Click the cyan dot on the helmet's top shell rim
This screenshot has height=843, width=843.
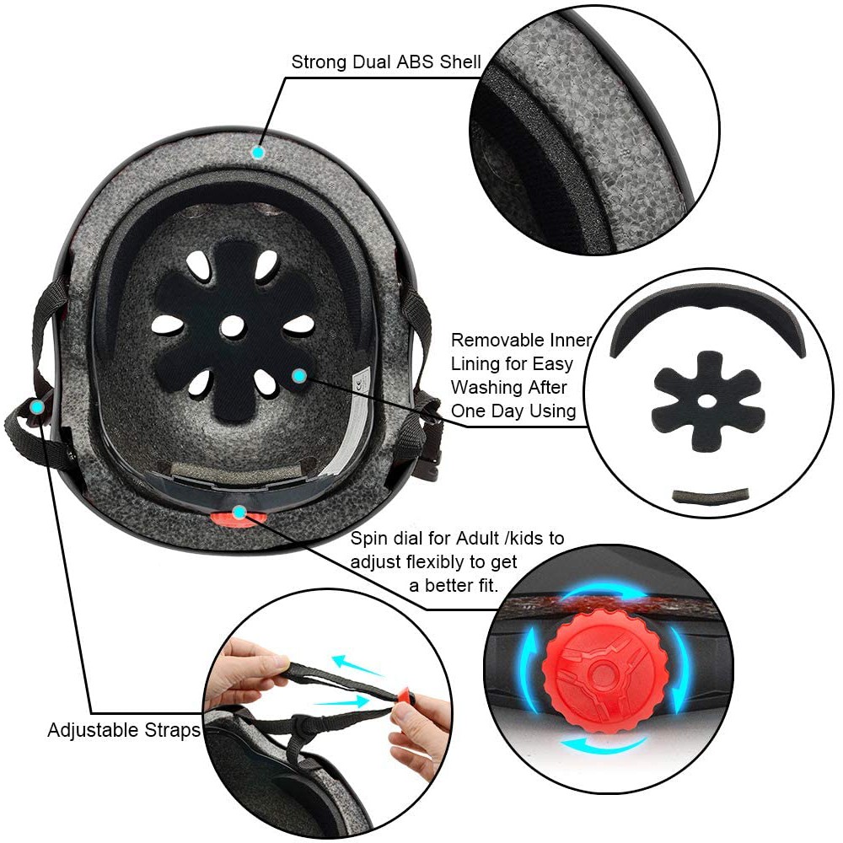coord(259,153)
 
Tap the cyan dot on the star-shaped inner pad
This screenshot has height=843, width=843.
coord(299,376)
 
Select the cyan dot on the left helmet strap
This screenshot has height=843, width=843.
coord(37,407)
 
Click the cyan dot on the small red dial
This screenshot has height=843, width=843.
coord(239,513)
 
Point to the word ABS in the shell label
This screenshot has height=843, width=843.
coord(416,62)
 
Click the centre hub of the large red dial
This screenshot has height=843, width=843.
coord(604,672)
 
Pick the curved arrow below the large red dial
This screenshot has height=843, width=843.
coord(604,745)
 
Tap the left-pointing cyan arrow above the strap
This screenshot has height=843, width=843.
coord(357,666)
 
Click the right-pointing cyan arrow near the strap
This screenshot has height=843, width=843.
coord(342,701)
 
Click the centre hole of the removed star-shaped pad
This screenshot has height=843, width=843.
coord(707,400)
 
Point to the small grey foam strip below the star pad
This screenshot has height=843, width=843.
coord(710,495)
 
